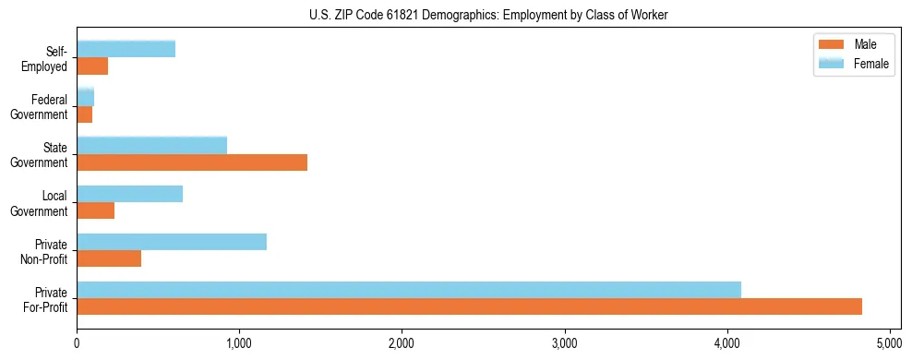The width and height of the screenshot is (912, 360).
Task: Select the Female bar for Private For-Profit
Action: click(x=409, y=290)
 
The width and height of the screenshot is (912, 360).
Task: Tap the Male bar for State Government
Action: click(x=192, y=162)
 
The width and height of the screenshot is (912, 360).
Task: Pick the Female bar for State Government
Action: click(x=152, y=146)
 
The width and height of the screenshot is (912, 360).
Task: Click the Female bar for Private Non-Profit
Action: click(x=172, y=242)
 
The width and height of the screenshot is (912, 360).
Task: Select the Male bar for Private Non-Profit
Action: click(x=109, y=258)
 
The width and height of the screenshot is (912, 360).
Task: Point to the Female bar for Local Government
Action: click(x=130, y=194)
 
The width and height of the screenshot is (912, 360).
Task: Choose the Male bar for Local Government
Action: click(x=96, y=210)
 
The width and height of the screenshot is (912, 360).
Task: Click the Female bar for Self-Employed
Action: click(x=126, y=50)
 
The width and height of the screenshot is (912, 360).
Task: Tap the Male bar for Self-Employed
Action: click(x=92, y=66)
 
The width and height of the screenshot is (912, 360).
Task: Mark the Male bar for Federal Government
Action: click(x=85, y=114)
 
